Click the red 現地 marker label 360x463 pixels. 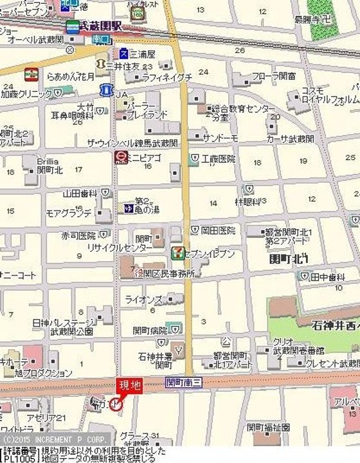127,386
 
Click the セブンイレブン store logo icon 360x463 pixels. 175,253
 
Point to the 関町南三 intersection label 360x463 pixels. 184,382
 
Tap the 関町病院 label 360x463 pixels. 148,331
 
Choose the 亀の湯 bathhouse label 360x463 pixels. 147,209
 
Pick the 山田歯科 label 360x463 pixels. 80,192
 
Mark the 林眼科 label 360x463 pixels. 248,201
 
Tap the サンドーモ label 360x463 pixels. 221,138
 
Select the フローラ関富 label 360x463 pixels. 274,76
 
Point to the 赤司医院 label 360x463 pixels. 78,235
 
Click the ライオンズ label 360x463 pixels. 143,299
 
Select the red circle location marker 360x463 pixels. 116,404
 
